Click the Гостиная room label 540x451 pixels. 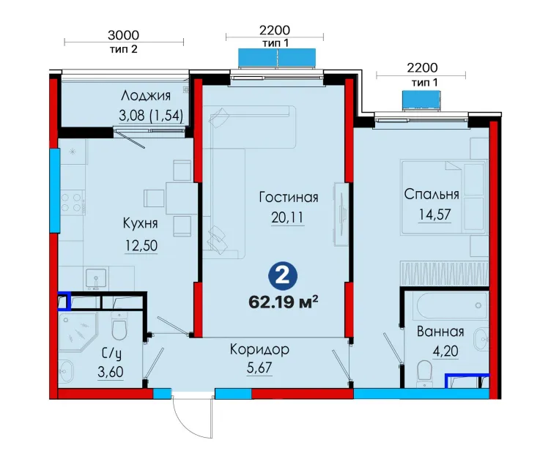pyautogui.click(x=288, y=197)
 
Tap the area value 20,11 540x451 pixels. pyautogui.click(x=287, y=217)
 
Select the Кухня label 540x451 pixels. pyautogui.click(x=140, y=223)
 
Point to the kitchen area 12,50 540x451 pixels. pyautogui.click(x=141, y=245)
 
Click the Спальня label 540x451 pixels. pyautogui.click(x=432, y=194)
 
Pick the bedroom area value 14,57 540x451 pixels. pyautogui.click(x=434, y=215)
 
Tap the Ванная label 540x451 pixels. pyautogui.click(x=440, y=332)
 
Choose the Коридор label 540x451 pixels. pyautogui.click(x=259, y=349)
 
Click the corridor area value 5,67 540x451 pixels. pyautogui.click(x=259, y=368)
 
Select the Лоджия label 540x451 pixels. pyautogui.click(x=146, y=96)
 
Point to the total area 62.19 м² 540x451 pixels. pyautogui.click(x=283, y=302)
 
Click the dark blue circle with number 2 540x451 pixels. pyautogui.click(x=283, y=276)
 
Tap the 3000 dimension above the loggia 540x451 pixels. pyautogui.click(x=124, y=35)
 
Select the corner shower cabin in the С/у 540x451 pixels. pyautogui.click(x=78, y=331)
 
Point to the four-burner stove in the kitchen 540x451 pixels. pyautogui.click(x=73, y=203)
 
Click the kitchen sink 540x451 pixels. pyautogui.click(x=97, y=278)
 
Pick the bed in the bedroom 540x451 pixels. pyautogui.click(x=443, y=197)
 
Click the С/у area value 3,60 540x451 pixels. pyautogui.click(x=111, y=372)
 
